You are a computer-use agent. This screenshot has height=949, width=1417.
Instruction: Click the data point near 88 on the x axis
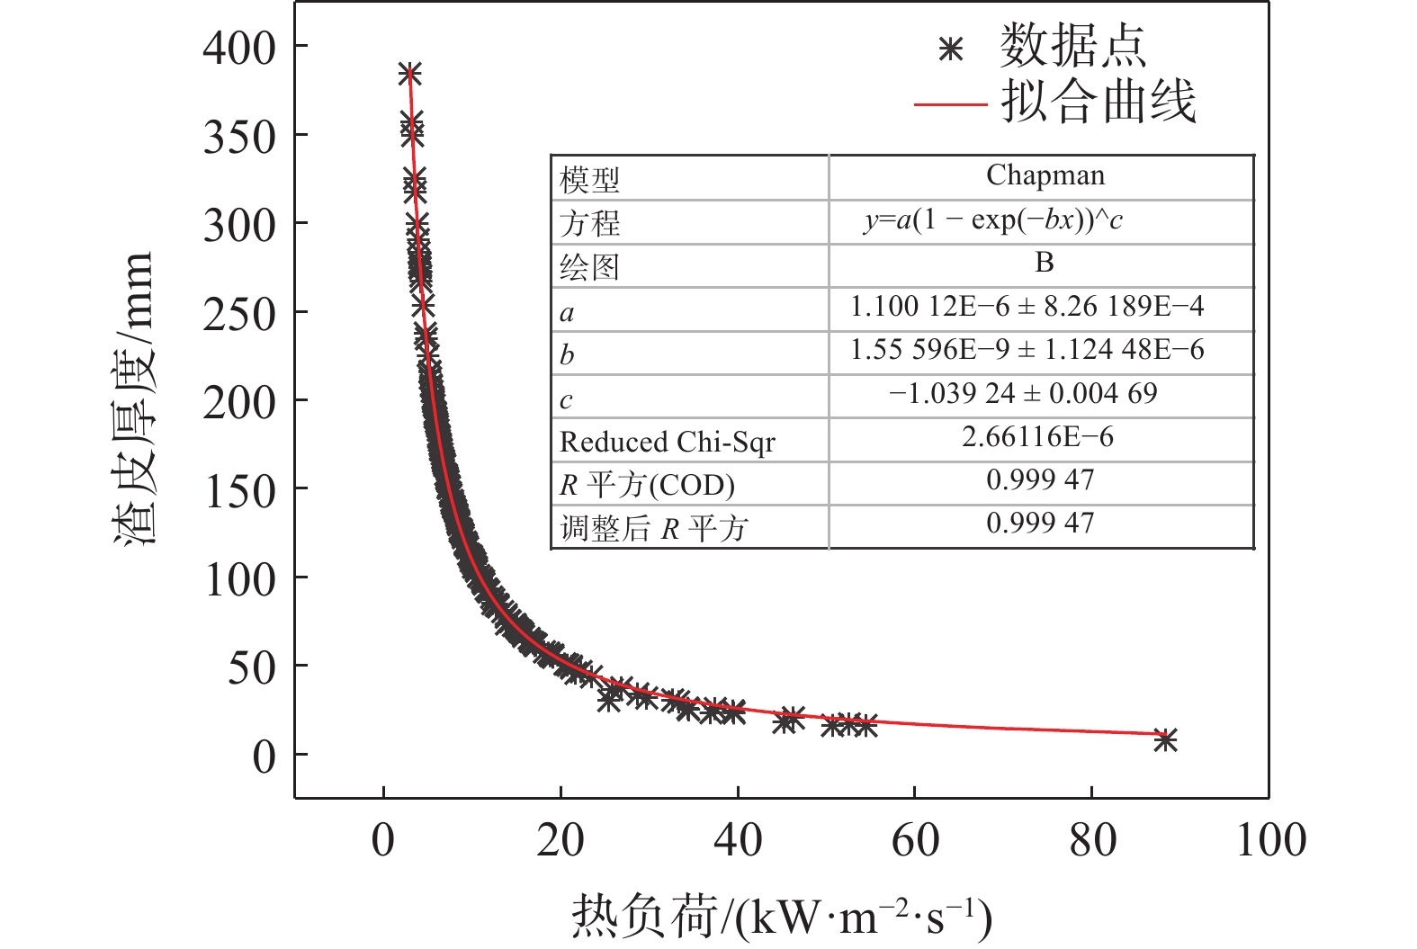click(1165, 740)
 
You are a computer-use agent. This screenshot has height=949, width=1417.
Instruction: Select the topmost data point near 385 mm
click(409, 74)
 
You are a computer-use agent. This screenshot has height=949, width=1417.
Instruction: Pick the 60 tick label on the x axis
click(915, 840)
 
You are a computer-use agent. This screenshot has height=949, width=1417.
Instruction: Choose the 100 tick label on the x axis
click(1270, 840)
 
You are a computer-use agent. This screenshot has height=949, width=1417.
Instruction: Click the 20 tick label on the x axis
click(561, 840)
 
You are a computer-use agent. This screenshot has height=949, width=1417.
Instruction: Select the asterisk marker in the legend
click(950, 49)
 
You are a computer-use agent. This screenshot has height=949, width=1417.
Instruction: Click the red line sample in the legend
click(950, 104)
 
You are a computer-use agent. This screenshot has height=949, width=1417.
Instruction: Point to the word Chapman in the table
click(1045, 175)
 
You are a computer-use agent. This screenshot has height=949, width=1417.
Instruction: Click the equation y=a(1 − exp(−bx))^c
click(992, 220)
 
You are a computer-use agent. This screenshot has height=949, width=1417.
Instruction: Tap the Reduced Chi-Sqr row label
click(667, 442)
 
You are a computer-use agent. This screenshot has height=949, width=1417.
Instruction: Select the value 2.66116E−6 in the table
click(1037, 437)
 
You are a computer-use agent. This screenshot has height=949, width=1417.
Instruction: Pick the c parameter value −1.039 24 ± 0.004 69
click(1023, 394)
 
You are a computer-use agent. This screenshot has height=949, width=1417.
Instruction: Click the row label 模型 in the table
click(589, 180)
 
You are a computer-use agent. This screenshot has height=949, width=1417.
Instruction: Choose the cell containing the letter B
click(1044, 263)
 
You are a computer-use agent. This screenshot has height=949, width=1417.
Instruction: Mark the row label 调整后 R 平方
click(654, 528)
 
